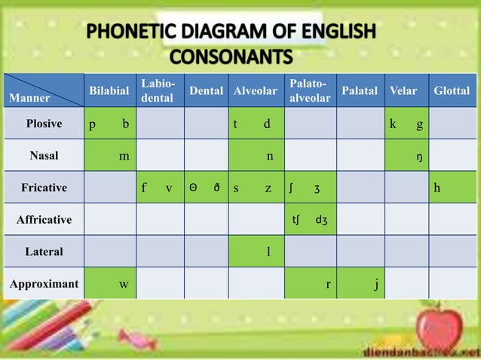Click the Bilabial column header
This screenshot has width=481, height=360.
click(109, 91)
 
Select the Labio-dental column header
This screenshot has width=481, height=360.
click(157, 91)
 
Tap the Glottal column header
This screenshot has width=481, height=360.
click(452, 91)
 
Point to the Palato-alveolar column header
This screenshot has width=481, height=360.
click(309, 91)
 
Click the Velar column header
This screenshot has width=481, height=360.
click(403, 91)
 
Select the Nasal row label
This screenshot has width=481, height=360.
click(44, 156)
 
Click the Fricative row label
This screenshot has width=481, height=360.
click(44, 188)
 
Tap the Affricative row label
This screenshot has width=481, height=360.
click(44, 220)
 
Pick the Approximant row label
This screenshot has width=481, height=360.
click(44, 285)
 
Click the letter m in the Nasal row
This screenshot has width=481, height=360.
click(123, 157)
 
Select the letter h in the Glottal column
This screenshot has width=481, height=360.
click(437, 188)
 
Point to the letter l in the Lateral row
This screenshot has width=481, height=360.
click(268, 252)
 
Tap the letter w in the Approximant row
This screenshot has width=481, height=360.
click(123, 285)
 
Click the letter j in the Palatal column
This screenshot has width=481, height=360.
click(375, 285)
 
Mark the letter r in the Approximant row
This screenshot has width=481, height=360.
click(327, 285)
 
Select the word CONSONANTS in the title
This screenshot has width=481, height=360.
click(231, 57)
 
